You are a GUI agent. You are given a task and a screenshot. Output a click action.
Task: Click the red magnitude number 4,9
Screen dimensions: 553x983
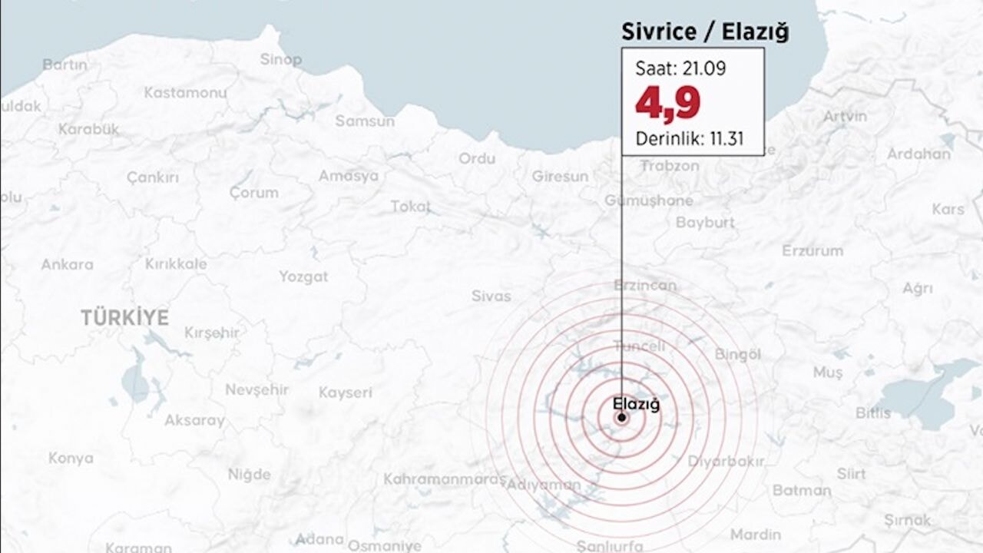tap(667, 104)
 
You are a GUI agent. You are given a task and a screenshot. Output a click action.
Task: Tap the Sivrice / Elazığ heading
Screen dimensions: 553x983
tap(704, 32)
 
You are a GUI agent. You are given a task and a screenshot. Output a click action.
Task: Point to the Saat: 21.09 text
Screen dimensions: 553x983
tap(680, 68)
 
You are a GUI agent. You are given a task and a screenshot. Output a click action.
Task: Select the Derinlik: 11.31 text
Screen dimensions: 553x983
tap(689, 140)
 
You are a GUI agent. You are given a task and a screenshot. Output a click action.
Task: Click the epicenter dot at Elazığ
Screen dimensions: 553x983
tap(621, 418)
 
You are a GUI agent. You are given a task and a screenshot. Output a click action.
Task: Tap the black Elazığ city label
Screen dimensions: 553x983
tap(637, 402)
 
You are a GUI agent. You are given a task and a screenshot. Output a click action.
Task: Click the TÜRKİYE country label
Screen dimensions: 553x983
tap(124, 317)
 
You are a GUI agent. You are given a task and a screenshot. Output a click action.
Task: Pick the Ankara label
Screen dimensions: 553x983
tap(67, 264)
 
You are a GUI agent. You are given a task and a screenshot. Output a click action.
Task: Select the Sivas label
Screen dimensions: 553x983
tap(491, 296)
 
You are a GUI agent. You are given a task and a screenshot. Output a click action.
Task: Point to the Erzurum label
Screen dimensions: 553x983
tap(812, 250)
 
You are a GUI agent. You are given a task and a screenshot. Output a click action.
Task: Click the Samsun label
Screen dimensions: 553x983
tap(365, 121)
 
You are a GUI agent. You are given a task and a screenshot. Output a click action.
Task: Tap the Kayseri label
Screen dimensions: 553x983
tap(345, 392)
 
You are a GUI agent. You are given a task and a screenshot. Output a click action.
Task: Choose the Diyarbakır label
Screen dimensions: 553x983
tap(725, 462)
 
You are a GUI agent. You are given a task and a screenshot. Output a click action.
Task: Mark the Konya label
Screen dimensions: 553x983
tap(71, 459)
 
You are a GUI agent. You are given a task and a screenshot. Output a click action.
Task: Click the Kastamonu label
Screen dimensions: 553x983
tap(185, 92)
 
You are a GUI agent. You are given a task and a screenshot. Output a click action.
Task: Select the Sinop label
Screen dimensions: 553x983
tap(280, 59)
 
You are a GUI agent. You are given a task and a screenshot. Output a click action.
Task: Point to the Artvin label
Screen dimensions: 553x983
tap(845, 116)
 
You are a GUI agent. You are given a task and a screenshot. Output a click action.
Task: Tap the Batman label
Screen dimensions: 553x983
tap(802, 490)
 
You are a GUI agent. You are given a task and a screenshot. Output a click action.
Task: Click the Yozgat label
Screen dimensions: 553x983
tap(303, 276)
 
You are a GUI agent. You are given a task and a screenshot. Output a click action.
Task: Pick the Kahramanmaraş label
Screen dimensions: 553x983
tap(444, 479)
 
